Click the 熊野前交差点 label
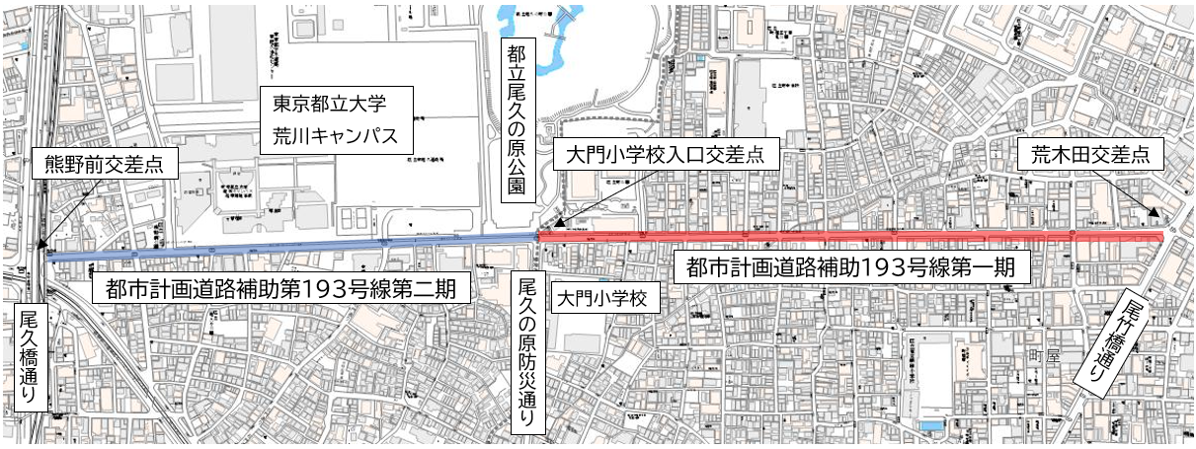[106, 165]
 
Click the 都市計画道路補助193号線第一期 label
[850, 265]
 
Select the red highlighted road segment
[849, 236]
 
